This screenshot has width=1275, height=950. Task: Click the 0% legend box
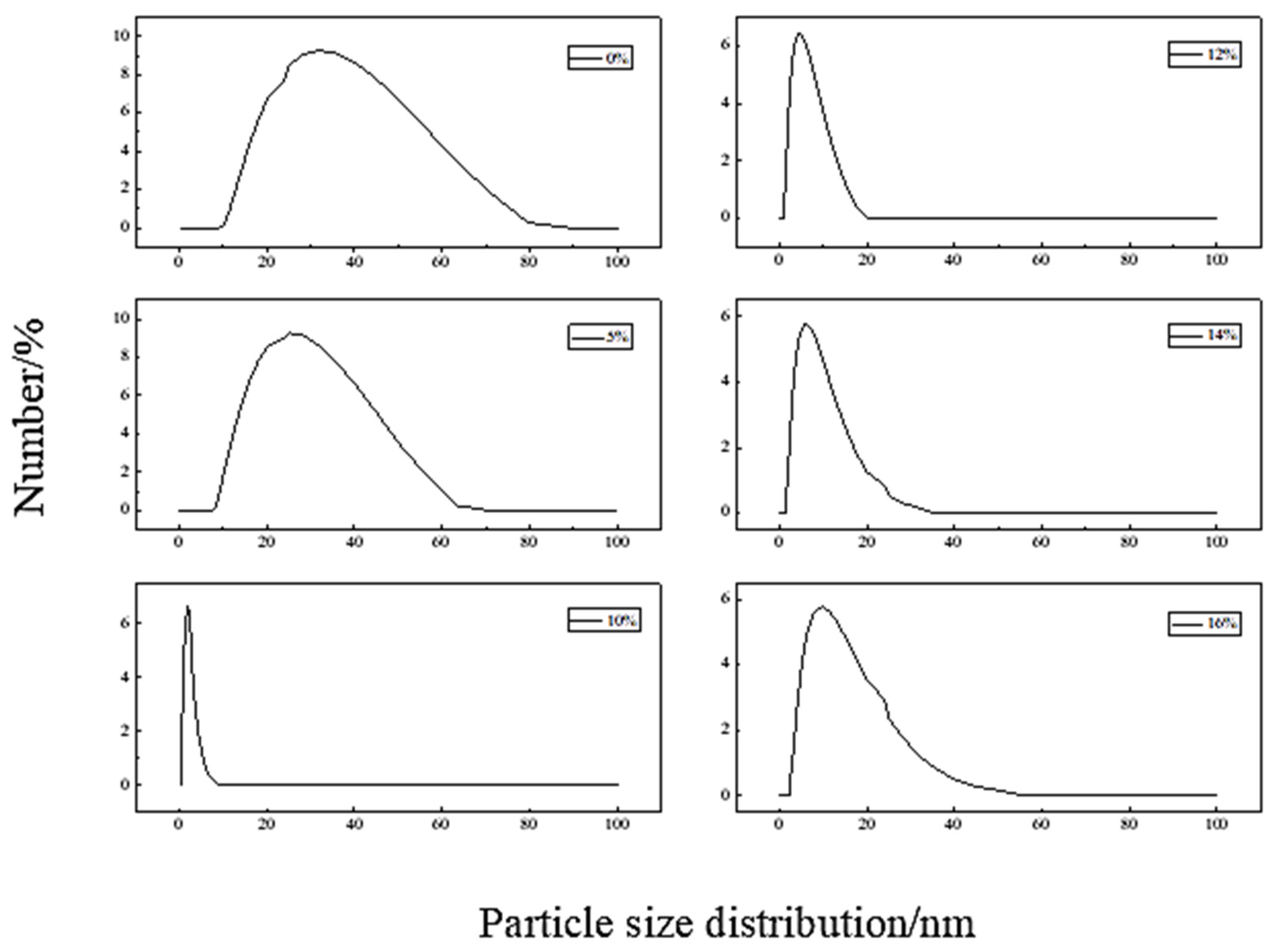(x=600, y=58)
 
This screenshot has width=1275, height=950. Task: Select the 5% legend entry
(x=600, y=337)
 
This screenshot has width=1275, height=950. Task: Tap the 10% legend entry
(x=604, y=620)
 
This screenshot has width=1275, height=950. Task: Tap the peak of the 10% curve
(x=187, y=607)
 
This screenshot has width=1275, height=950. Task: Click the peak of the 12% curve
(x=799, y=33)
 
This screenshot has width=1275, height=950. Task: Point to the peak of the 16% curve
(x=822, y=606)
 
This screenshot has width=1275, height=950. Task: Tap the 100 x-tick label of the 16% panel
(x=1216, y=825)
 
